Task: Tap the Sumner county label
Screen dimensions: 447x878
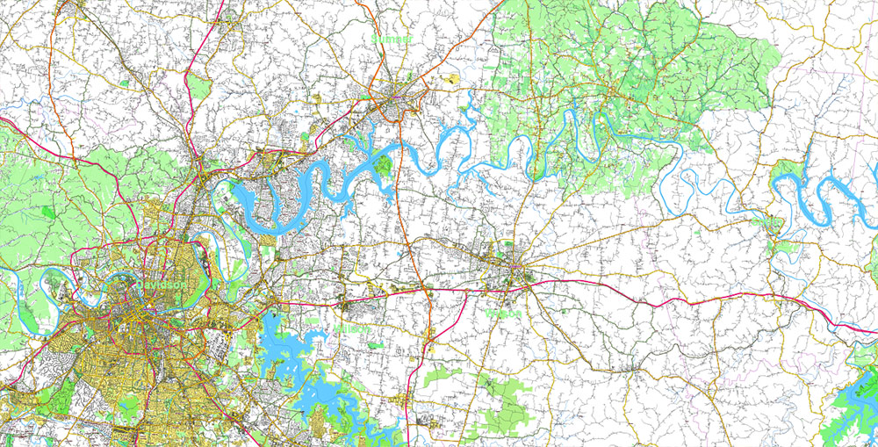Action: point(390,40)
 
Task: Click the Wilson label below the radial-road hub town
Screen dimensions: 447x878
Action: point(503,313)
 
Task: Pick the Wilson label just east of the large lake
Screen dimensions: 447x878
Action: point(351,328)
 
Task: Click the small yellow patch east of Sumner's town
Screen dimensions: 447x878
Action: point(453,79)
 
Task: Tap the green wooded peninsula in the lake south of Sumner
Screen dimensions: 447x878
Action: point(383,165)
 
